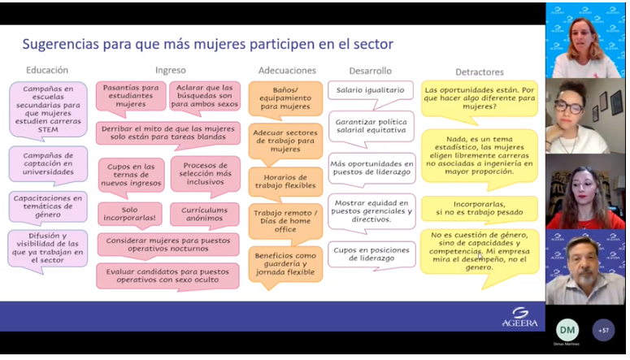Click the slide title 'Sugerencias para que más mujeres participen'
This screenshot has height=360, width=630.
207,44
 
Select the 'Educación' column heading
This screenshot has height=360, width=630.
47,71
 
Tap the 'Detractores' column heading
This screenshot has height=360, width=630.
479,72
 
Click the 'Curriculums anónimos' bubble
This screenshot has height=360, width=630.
205,215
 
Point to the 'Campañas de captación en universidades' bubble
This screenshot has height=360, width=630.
47,164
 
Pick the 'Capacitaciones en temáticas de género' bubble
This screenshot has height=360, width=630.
47,206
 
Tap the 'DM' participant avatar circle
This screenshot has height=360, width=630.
567,329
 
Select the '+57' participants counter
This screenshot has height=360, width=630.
603,330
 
